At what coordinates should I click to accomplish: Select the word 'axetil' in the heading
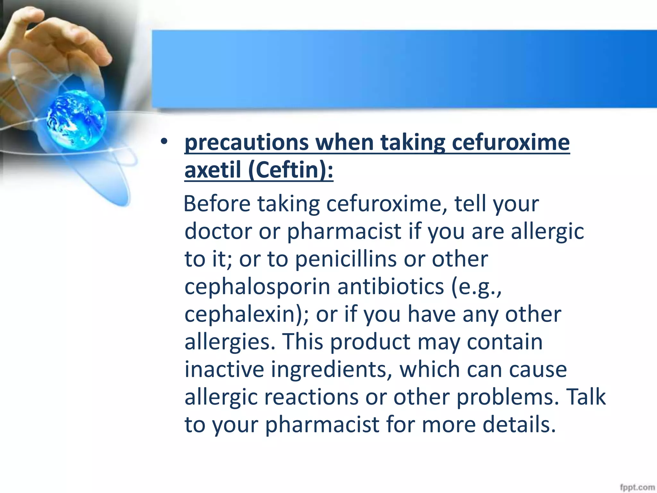point(212,170)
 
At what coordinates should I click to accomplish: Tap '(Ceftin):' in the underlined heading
point(291,170)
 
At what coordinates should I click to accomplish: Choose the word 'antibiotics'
point(390,287)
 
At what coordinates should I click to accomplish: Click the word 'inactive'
point(224,369)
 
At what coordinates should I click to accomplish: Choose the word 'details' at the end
point(519,425)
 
